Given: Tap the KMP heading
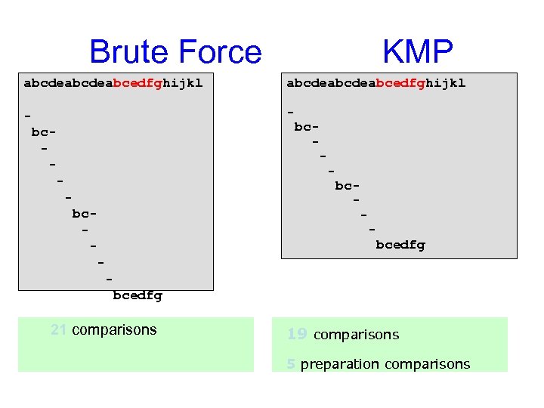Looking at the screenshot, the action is coord(417,51).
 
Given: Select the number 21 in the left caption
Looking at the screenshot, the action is coord(58,329).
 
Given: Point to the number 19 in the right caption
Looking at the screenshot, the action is coord(296,334).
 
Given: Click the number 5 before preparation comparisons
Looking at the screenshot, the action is coord(291,364).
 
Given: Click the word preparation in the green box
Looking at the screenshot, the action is coord(340,364).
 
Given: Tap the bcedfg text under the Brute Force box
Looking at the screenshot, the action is coord(138,295).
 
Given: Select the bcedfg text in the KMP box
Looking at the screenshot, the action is coord(400,245).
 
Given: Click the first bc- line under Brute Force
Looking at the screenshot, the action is coord(45,132).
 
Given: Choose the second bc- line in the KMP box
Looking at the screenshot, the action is coord(348,185).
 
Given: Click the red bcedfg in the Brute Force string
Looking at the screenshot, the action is coord(138,83).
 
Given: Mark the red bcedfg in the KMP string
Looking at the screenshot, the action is coord(400,83).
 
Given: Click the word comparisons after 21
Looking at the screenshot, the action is coord(115,329).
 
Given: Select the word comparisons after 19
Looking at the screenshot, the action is coord(356,335).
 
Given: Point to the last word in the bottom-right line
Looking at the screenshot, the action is coord(428,364).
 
